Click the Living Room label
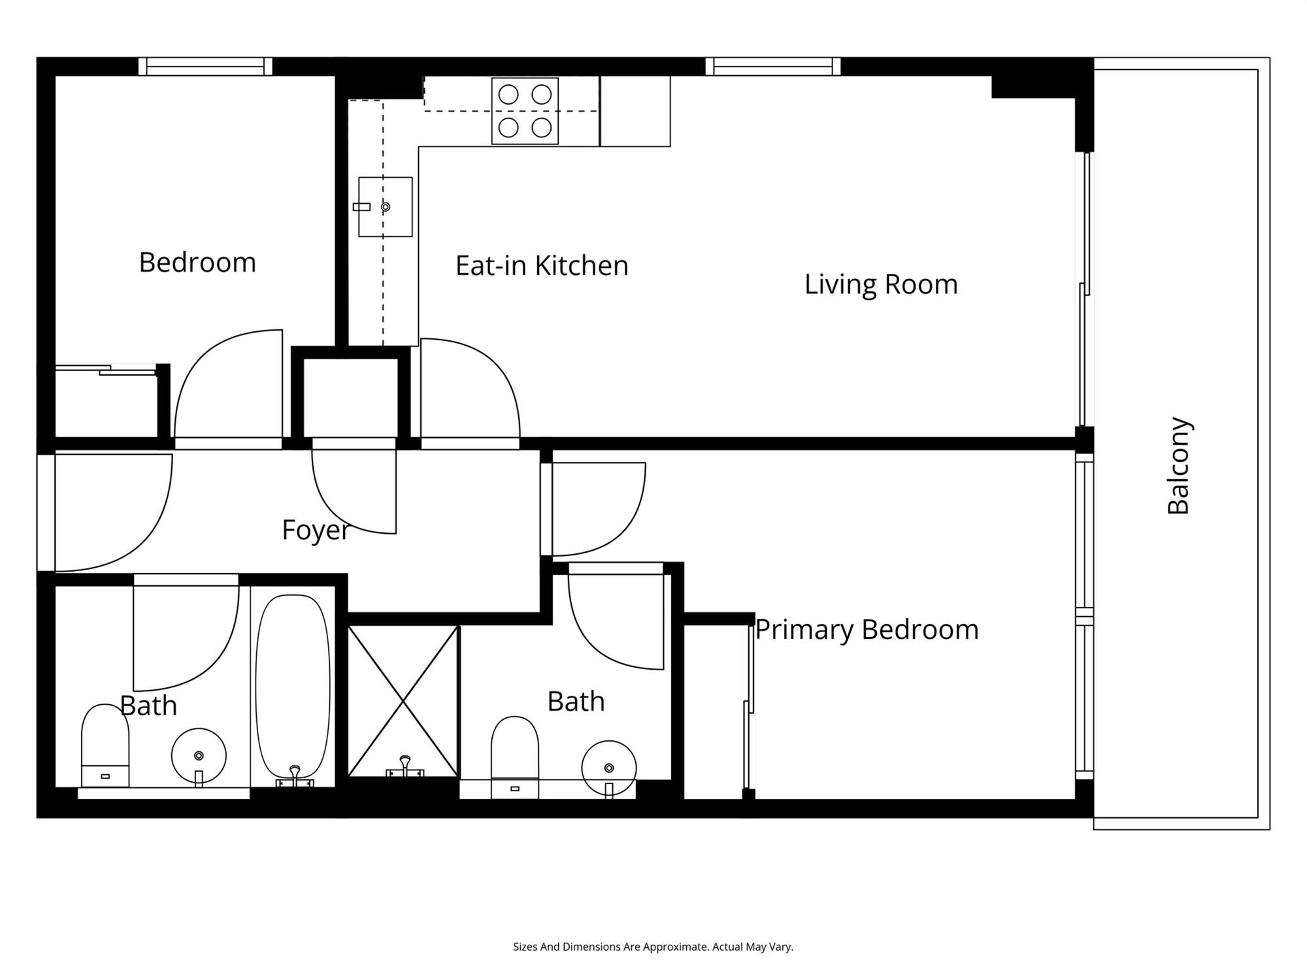click(x=881, y=284)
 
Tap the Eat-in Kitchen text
click(x=542, y=266)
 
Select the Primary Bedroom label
click(x=867, y=630)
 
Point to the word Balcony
click(x=1178, y=466)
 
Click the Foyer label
click(x=316, y=530)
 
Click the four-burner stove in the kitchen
click(x=525, y=111)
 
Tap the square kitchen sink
click(x=386, y=206)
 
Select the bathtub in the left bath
click(x=293, y=689)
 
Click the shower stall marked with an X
click(x=403, y=701)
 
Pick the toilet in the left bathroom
click(x=105, y=745)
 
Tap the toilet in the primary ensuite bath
click(x=515, y=757)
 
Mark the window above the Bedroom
click(x=205, y=67)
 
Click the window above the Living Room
click(x=773, y=67)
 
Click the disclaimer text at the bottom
click(x=653, y=947)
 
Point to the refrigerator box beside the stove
click(x=635, y=111)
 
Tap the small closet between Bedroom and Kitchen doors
click(x=352, y=397)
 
